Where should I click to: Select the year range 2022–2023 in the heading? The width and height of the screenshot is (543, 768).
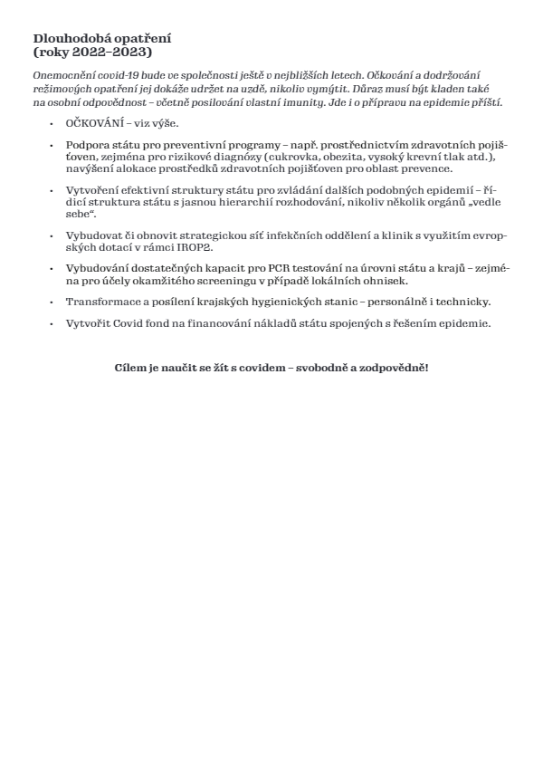(112, 52)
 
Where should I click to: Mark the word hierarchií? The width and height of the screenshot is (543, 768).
(251, 202)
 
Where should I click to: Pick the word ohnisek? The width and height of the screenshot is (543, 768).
(386, 281)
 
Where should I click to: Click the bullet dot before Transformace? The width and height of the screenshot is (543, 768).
(52, 302)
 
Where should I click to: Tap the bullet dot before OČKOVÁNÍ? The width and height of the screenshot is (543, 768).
(52, 123)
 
